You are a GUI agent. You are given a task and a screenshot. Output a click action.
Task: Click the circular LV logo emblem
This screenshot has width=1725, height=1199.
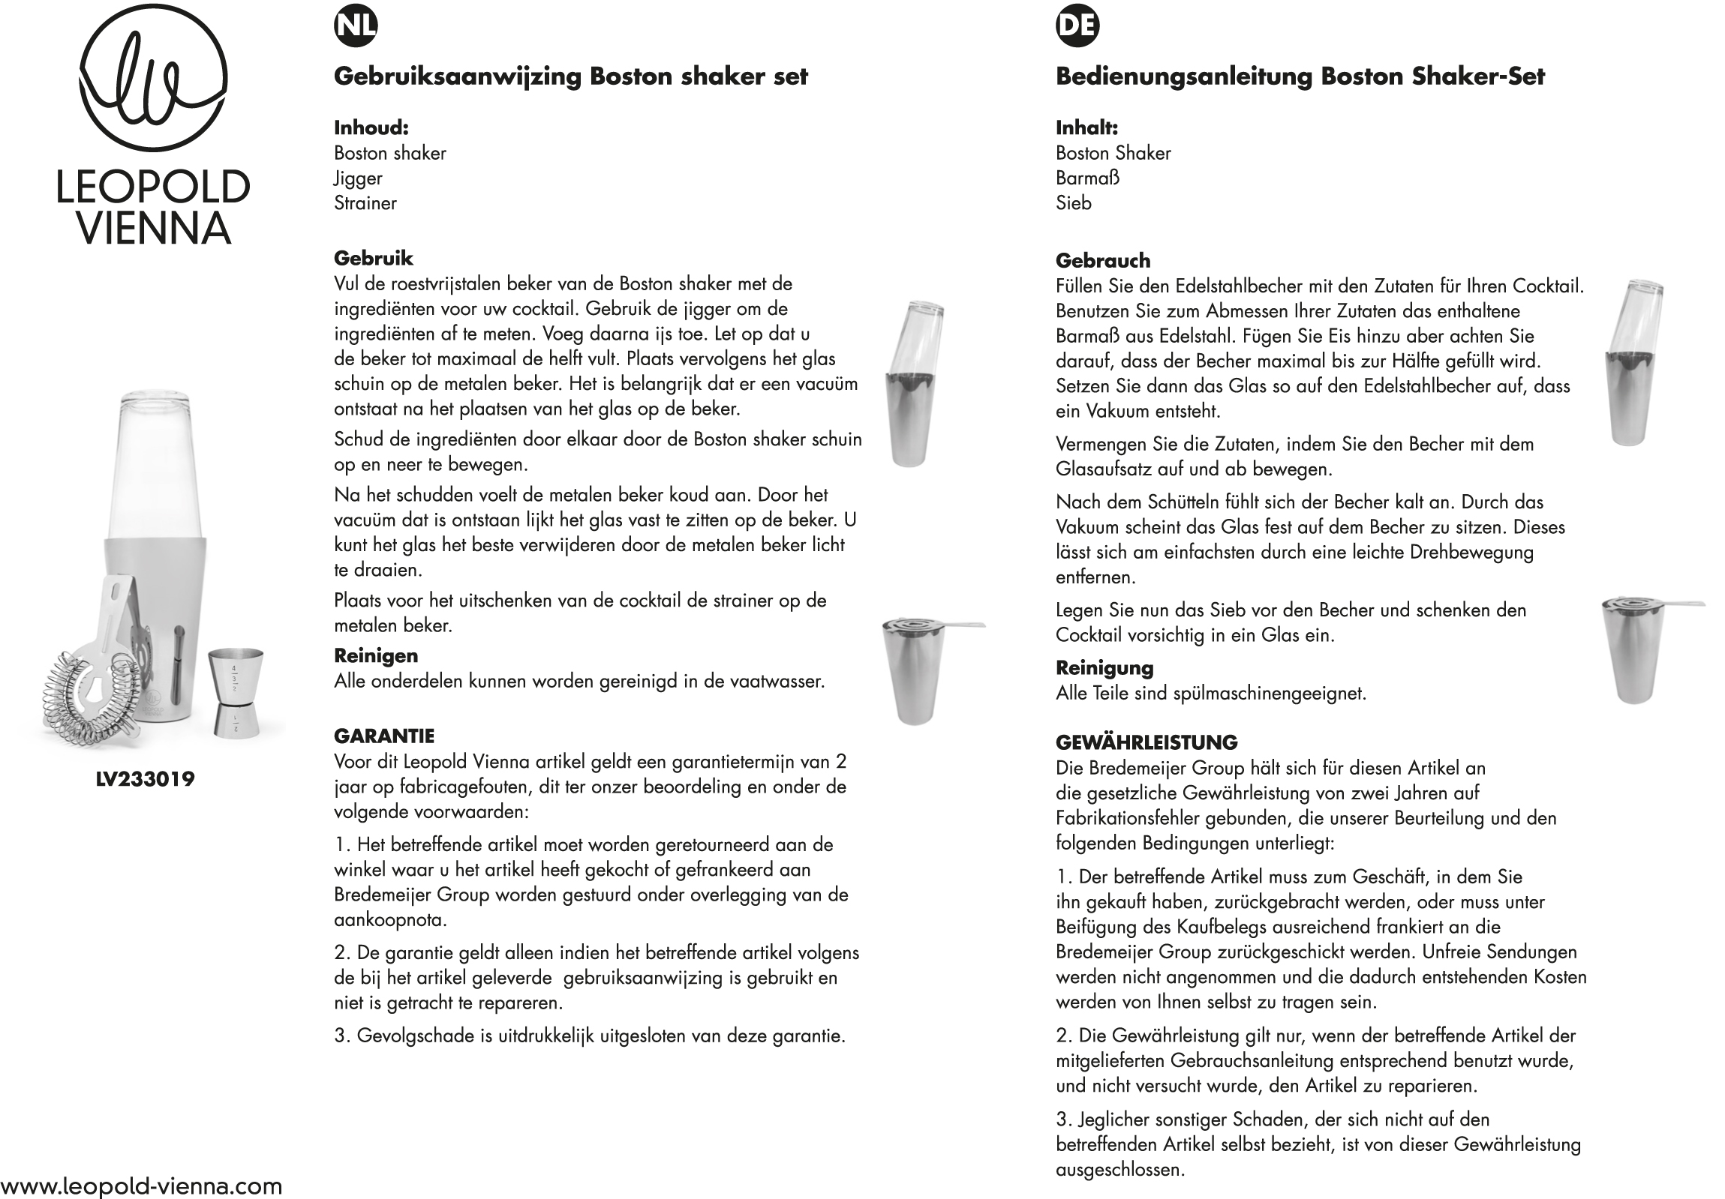[x=152, y=79]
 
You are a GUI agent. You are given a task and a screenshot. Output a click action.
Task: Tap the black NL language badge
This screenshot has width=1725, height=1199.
[x=356, y=25]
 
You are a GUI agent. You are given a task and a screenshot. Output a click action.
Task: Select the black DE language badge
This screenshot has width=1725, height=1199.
[x=1077, y=25]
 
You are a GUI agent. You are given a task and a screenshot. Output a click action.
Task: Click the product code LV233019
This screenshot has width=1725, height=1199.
[x=145, y=778]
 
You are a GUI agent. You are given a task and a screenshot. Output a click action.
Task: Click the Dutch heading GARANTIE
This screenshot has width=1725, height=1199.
[x=384, y=736]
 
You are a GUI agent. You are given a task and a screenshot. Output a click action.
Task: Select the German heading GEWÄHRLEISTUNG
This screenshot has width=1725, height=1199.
[x=1146, y=742]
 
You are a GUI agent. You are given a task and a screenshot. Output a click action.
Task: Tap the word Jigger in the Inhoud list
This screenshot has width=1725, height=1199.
[x=358, y=178]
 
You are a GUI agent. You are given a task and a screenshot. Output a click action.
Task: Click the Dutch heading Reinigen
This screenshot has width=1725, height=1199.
[x=376, y=655]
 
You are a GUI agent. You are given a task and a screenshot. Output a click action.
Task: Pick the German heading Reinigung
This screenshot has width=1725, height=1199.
[x=1104, y=667]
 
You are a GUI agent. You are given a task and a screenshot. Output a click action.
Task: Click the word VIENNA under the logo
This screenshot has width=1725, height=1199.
[x=153, y=228]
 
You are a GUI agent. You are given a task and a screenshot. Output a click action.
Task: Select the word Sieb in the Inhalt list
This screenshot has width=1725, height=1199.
[x=1073, y=202]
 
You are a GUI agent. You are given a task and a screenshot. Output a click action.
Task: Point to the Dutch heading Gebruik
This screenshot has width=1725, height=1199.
[x=374, y=258]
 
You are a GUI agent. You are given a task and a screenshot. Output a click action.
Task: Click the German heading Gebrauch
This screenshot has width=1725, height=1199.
[x=1102, y=260]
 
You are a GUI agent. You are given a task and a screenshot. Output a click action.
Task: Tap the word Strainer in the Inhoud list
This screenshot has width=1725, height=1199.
[x=365, y=202]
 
